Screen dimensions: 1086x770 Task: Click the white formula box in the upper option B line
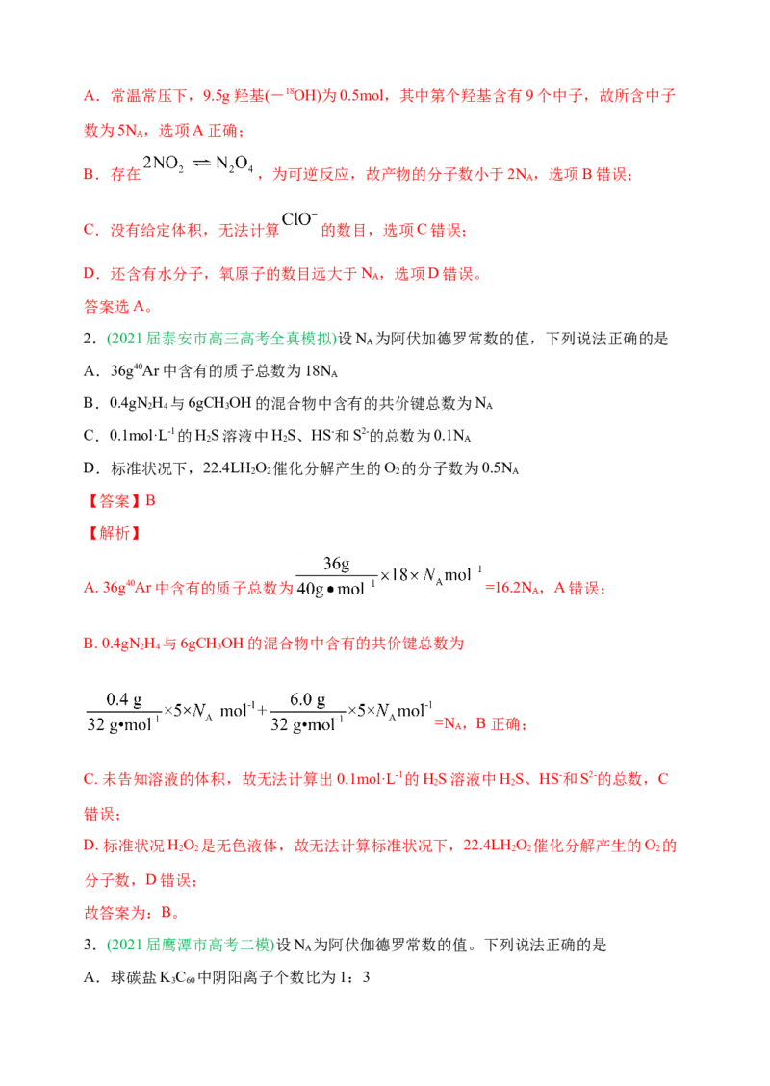point(201,164)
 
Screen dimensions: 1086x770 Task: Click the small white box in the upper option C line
point(299,220)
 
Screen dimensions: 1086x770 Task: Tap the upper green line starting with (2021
point(220,340)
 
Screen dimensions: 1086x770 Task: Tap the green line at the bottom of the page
point(190,945)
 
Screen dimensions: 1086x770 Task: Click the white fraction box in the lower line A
point(392,577)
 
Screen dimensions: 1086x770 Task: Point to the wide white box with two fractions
point(258,712)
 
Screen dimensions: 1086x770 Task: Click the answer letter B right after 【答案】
point(155,500)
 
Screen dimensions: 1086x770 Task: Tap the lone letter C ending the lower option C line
point(661,779)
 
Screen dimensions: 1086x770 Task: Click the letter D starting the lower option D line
point(84,846)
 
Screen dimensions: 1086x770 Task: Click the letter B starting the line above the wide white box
point(84,644)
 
